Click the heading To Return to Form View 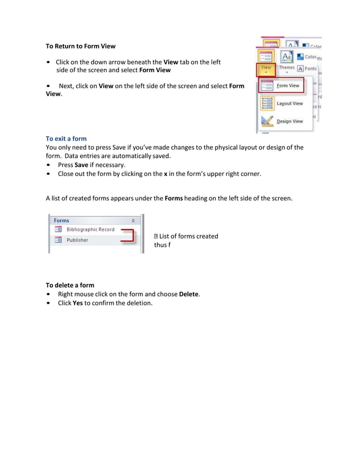pyautogui.click(x=80, y=46)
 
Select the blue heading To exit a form pyautogui.click(x=66, y=138)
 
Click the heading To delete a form pyautogui.click(x=69, y=285)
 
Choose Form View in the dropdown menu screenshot pyautogui.click(x=288, y=86)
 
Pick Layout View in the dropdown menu pyautogui.click(x=289, y=104)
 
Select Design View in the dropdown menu pyautogui.click(x=289, y=121)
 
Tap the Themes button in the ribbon pyautogui.click(x=287, y=68)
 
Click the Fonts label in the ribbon pyautogui.click(x=310, y=69)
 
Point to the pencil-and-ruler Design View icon pyautogui.click(x=267, y=121)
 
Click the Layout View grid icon pyautogui.click(x=267, y=104)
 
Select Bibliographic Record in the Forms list pyautogui.click(x=90, y=230)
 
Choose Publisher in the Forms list pyautogui.click(x=77, y=240)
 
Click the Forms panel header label pyautogui.click(x=62, y=221)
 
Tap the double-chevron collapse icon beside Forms pyautogui.click(x=133, y=221)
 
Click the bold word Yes pyautogui.click(x=78, y=303)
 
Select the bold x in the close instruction pyautogui.click(x=165, y=174)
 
